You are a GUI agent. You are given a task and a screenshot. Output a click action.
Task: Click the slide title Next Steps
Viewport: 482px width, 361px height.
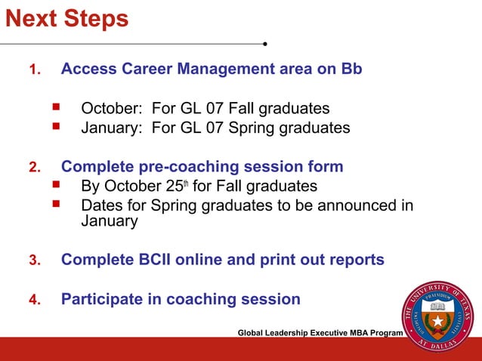tap(67, 18)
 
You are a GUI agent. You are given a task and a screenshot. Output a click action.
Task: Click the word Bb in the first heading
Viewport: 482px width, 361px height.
tap(351, 69)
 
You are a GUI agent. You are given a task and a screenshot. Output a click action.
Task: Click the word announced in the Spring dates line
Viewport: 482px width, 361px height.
tap(342, 205)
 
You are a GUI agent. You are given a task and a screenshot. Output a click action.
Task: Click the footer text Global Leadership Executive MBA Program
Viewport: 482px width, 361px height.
tap(320, 333)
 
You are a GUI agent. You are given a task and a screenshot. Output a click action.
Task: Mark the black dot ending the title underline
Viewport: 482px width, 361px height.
tap(265, 43)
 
